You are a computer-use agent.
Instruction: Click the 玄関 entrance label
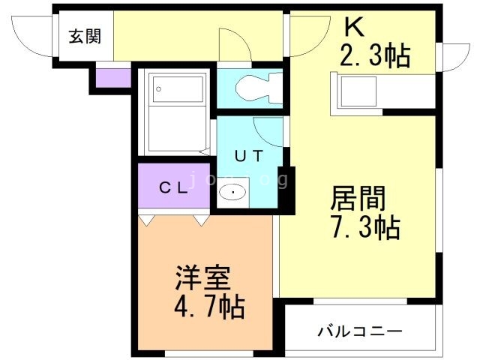85,36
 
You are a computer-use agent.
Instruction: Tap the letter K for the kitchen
353,28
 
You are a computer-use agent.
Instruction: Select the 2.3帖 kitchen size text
375,56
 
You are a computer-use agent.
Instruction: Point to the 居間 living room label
358,199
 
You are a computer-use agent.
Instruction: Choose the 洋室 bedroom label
202,278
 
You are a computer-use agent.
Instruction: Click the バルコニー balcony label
359,331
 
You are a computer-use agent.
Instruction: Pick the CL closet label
174,189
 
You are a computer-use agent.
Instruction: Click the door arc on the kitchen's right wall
452,56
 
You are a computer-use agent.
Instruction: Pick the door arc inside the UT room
268,131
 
